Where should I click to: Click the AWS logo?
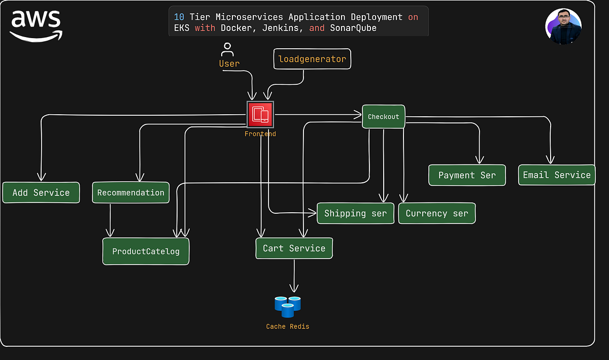click(x=36, y=25)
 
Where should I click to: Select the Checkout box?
click(x=384, y=116)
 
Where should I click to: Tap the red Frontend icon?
click(x=260, y=115)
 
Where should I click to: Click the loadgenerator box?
click(x=312, y=59)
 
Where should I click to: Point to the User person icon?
click(x=227, y=50)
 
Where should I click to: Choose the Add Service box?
click(x=41, y=192)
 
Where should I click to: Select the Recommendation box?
click(x=130, y=192)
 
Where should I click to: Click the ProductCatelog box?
click(x=146, y=251)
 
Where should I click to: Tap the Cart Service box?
click(x=294, y=248)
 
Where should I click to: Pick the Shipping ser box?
click(x=355, y=213)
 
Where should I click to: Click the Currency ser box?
click(x=436, y=213)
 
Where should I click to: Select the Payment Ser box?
click(x=467, y=175)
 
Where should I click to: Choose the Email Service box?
click(x=557, y=175)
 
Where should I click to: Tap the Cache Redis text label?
click(x=287, y=326)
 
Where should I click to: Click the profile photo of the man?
click(x=563, y=26)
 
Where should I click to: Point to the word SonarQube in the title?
click(x=353, y=28)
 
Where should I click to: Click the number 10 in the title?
click(x=179, y=17)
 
